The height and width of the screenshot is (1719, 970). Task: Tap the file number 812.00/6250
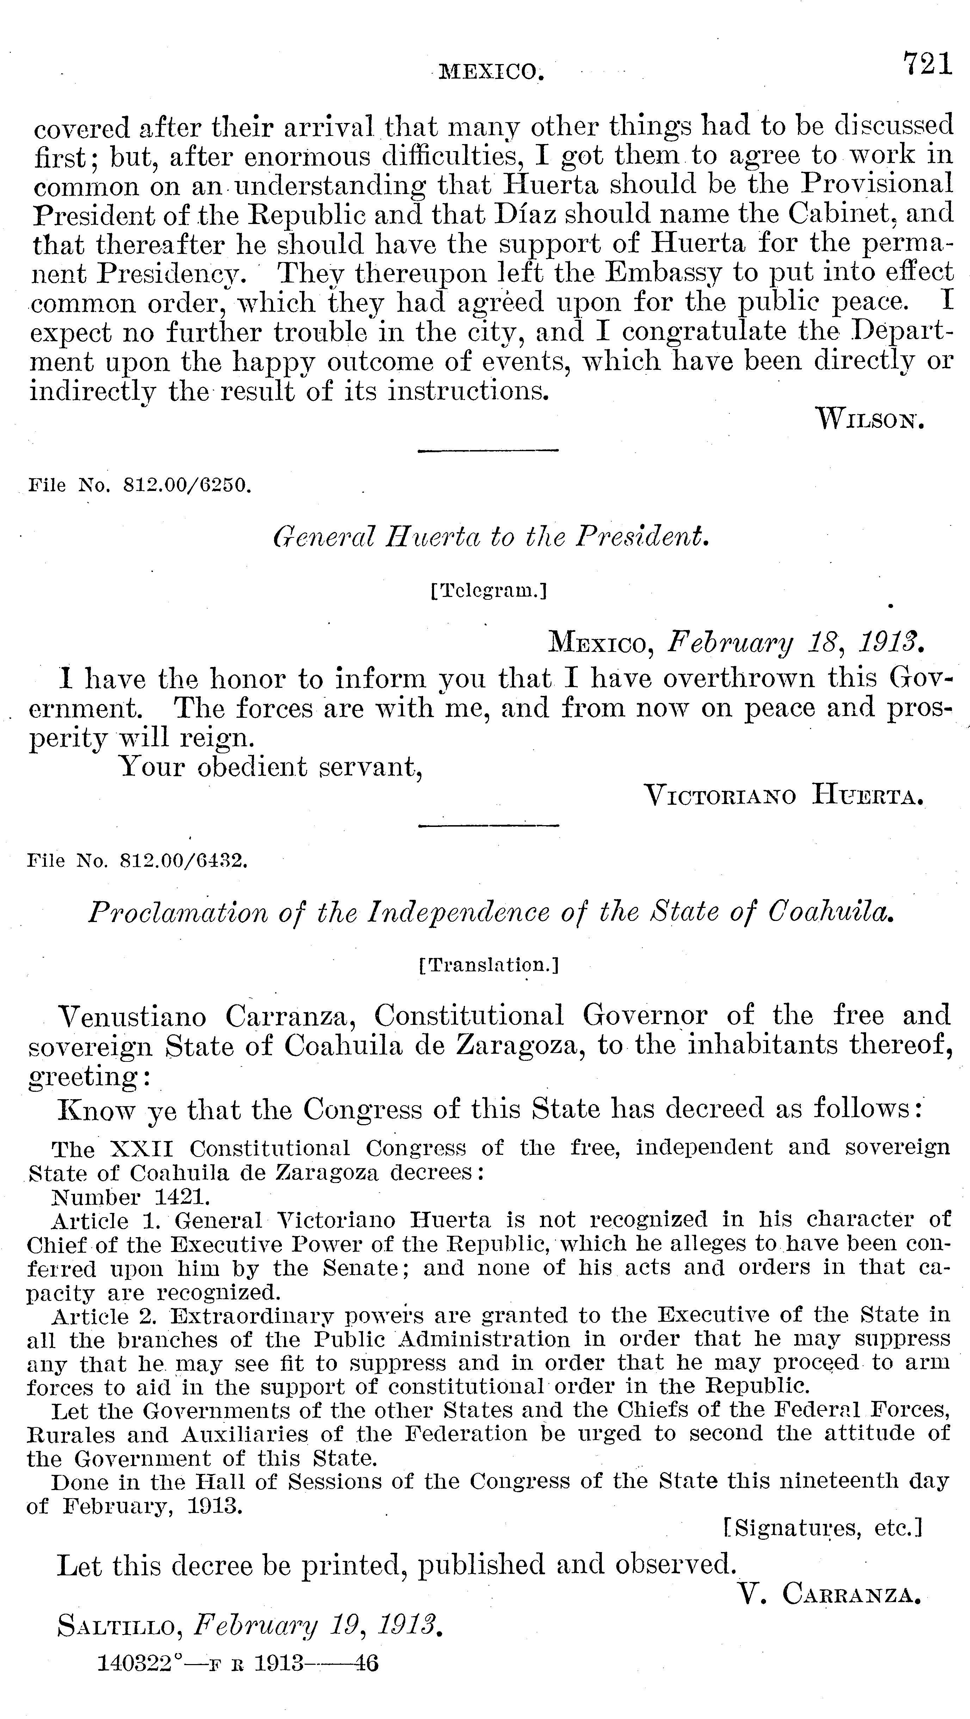[x=187, y=486]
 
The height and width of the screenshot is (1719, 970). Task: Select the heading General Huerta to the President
[x=491, y=536]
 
